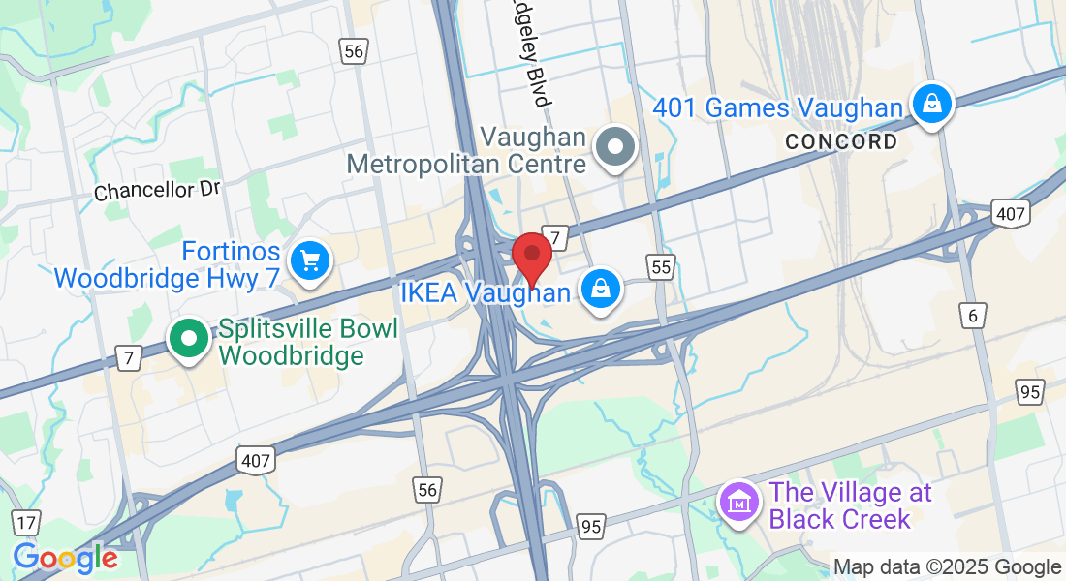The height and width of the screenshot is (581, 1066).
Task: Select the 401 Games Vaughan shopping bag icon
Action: pos(931,104)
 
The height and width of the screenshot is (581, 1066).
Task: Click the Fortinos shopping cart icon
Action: pos(310,260)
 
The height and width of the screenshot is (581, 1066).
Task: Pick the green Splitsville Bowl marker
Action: pos(190,339)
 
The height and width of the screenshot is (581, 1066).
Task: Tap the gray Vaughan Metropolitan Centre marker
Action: pos(614,149)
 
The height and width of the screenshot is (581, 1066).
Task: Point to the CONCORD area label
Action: pos(840,141)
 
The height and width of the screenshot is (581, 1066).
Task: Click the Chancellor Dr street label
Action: pos(158,190)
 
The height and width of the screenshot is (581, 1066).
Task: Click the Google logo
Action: pos(65,558)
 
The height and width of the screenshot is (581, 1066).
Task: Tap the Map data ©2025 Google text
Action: pos(947,567)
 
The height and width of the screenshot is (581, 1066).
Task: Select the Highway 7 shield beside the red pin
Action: pos(554,237)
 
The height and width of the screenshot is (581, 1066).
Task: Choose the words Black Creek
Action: pos(840,518)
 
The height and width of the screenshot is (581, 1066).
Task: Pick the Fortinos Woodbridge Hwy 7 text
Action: pos(167,265)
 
